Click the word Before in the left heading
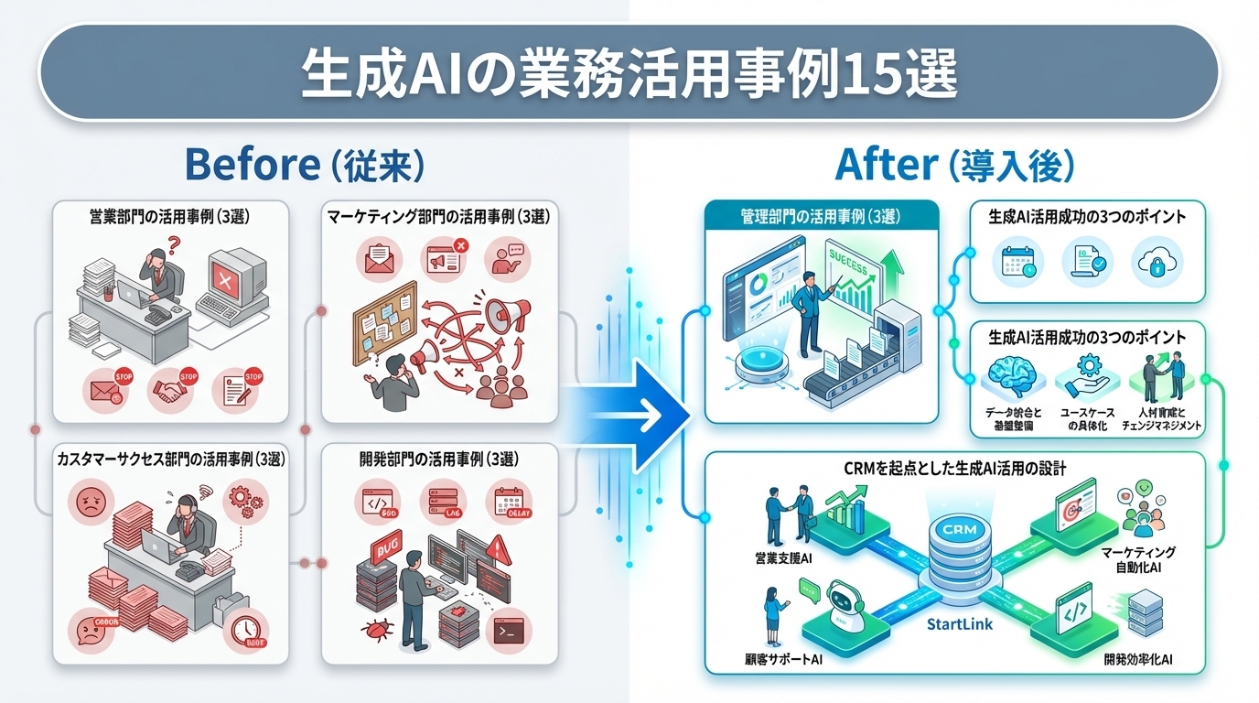tap(250, 165)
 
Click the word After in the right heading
tap(886, 165)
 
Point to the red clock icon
tap(244, 629)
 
